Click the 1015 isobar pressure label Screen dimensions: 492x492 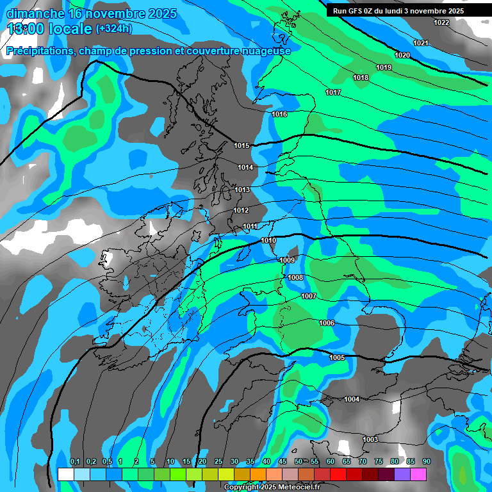pos(242,145)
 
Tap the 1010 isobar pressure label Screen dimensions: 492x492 pos(268,240)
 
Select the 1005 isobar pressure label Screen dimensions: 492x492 pos(337,357)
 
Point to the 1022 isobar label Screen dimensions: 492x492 pos(441,22)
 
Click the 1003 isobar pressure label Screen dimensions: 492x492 pos(370,439)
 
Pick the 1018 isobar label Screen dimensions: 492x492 pos(361,78)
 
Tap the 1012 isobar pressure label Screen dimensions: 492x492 pos(241,210)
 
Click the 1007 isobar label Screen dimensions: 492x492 pos(309,296)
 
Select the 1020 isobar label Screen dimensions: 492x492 pos(402,55)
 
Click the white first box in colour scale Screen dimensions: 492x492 pos(65,474)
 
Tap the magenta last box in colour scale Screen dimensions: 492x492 pos(418,474)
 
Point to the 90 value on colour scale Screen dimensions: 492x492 pos(426,462)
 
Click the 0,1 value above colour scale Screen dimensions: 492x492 pos(75,462)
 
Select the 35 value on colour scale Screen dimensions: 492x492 pos(250,462)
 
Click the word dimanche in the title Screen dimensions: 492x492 pos(35,13)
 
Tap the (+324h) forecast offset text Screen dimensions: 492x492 pos(114,28)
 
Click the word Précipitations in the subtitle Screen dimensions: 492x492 pos(40,51)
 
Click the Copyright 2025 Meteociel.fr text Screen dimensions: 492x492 pos(272,487)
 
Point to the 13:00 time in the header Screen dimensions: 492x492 pos(26,29)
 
